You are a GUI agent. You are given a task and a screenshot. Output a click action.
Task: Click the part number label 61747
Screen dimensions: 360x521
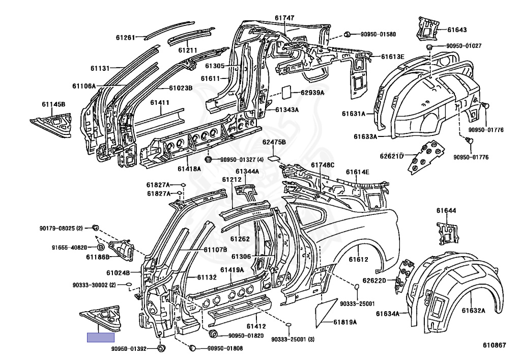coord(285,17)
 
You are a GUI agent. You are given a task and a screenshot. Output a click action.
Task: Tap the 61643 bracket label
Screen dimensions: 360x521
coord(457,30)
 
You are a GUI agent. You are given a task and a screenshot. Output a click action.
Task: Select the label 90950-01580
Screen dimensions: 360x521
coord(378,34)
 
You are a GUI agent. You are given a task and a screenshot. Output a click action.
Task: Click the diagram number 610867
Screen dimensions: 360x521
coord(495,345)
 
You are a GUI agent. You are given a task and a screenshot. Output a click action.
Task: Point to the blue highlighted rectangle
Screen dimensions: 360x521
coord(100,337)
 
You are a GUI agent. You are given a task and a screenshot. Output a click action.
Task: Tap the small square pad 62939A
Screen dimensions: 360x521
coord(286,91)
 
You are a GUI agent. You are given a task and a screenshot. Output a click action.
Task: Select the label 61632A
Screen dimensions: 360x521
coord(473,310)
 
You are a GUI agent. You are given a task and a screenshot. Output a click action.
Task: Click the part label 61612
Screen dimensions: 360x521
coord(358,260)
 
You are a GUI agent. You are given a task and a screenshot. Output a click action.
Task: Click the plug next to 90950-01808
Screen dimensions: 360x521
coord(193,348)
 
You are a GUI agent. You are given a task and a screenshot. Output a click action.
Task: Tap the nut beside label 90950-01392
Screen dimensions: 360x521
coord(161,348)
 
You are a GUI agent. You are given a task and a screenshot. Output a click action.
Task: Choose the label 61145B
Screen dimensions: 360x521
coord(53,104)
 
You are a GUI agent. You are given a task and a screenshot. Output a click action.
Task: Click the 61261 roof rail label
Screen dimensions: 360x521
coord(125,37)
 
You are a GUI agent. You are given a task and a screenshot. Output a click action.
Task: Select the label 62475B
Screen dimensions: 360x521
coord(274,142)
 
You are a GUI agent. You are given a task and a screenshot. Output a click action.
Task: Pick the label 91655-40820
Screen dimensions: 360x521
coord(69,247)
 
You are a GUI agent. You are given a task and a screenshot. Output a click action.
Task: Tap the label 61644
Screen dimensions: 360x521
coord(446,210)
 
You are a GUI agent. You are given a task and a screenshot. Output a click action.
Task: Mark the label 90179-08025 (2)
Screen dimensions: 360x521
coord(61,227)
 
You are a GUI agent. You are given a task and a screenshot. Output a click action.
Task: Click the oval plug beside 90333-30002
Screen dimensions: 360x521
coord(129,285)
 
